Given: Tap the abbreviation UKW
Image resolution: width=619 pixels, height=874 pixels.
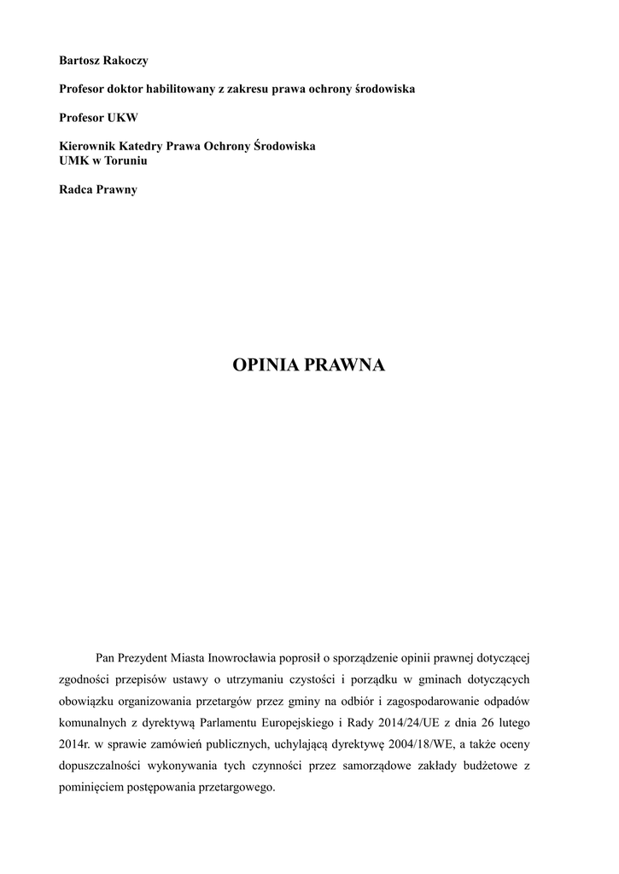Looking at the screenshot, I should click(122, 117).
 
